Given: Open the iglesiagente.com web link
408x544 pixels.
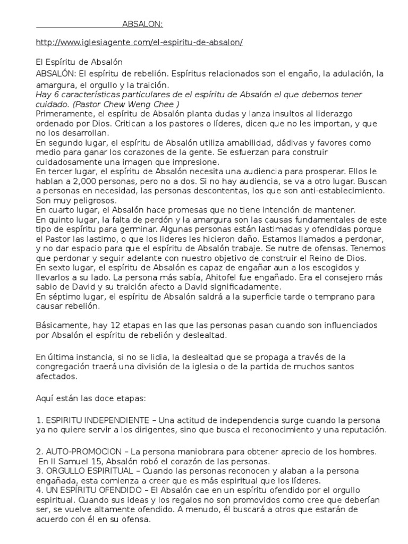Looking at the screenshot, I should click(x=139, y=42).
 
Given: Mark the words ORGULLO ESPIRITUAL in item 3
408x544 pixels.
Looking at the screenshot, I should click(x=91, y=471).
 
